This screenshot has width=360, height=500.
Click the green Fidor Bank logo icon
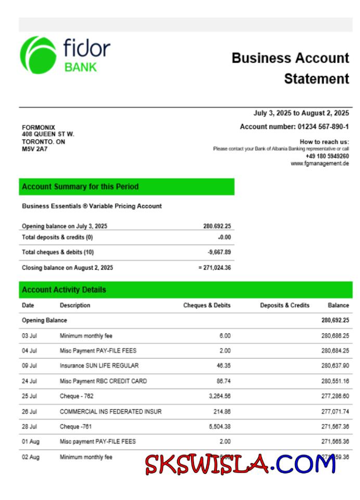pos(37,55)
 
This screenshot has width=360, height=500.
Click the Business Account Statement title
pos(290,68)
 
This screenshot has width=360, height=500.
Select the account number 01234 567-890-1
pos(323,127)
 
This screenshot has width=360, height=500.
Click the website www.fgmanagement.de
pos(319,163)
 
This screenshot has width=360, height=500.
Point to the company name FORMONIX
pos(38,127)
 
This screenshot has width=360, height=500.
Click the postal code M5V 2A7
pos(34,149)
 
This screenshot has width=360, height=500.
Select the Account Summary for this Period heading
pos(80,187)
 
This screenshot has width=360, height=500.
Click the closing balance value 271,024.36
pos(217,268)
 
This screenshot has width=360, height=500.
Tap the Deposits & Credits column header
pos(285,305)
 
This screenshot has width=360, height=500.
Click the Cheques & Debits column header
pos(207,305)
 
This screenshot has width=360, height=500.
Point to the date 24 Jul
pos(29,381)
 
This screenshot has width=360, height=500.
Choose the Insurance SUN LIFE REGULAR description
pos(99,366)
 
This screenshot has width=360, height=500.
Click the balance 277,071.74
pos(335,412)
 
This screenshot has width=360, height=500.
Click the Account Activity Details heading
pos(64,290)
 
